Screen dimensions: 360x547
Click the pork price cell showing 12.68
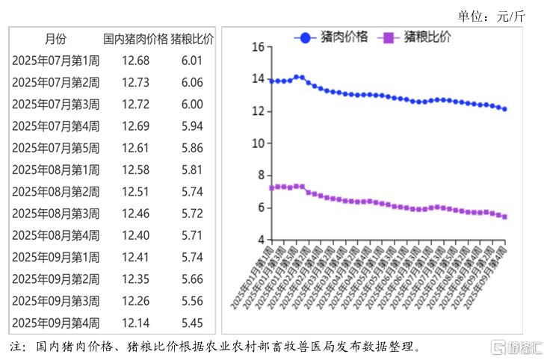click(x=135, y=60)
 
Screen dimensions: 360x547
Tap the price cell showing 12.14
click(x=135, y=323)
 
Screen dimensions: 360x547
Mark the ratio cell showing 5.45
click(x=191, y=323)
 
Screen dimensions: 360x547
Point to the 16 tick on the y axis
click(x=258, y=47)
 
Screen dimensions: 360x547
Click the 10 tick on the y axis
click(x=258, y=143)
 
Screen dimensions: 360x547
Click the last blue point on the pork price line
click(x=504, y=109)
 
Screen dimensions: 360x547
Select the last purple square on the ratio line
click(x=504, y=217)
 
